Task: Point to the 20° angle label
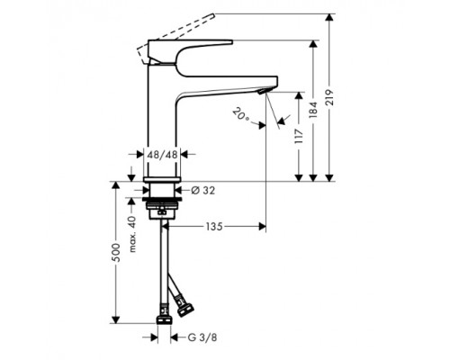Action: pos(239,114)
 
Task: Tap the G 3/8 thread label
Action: pos(201,338)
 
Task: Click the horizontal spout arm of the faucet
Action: pos(225,82)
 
